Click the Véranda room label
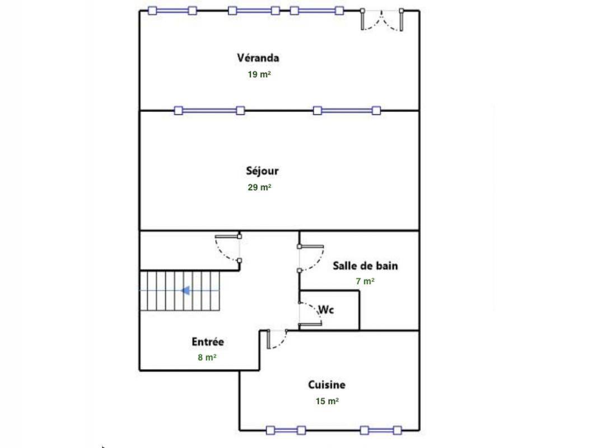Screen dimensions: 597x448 coord(258,58)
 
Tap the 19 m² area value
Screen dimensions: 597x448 coord(259,74)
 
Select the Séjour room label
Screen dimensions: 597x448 coord(262,171)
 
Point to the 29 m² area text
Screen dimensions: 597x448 coord(259,187)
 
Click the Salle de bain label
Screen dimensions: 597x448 coord(365,265)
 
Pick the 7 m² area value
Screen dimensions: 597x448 coord(365,281)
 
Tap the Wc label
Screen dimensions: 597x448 coord(326,310)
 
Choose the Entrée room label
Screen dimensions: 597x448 coord(208,342)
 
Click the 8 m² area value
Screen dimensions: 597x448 coord(207,357)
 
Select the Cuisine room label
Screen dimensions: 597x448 coord(327,385)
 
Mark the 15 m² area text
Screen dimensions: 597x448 coord(327,401)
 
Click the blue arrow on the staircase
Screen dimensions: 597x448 coord(185,291)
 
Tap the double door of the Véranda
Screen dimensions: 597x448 coord(381,20)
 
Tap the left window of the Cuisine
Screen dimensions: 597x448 coord(286,431)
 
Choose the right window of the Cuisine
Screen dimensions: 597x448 coord(381,431)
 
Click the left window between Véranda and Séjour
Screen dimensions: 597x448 coord(209,111)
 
